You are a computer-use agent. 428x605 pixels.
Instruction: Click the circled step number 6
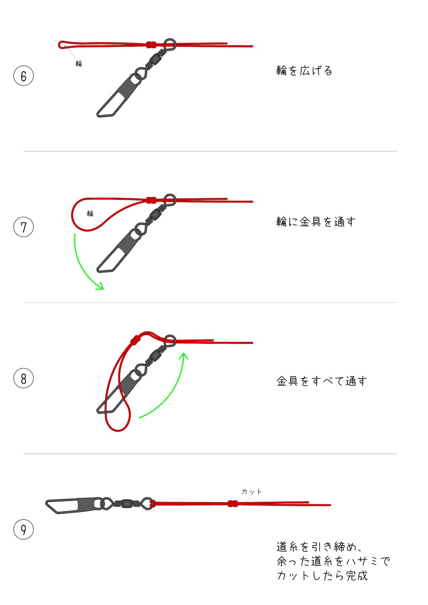coord(24,76)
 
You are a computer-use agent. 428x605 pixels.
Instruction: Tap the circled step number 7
coord(24,227)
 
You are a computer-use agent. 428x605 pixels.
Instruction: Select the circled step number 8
coord(24,378)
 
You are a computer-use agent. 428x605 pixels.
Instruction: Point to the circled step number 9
coord(24,529)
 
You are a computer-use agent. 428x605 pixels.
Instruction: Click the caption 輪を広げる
coord(304,71)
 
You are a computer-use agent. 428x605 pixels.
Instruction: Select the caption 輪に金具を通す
coord(316,222)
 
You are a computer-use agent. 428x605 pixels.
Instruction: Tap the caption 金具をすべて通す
coord(322,381)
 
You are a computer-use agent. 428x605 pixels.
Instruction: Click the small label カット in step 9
coord(251,492)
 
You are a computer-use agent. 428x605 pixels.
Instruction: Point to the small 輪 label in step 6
coord(79,63)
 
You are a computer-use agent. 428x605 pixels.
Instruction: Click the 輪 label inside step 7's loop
coord(90,213)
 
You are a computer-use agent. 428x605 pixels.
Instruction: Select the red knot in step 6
coord(151,45)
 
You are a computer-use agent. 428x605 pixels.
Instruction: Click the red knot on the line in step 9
coord(233,503)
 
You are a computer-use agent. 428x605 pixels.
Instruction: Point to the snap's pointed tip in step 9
coord(46,503)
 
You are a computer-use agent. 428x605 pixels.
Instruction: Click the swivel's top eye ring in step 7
coord(170,200)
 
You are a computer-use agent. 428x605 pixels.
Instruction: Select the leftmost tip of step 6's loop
coord(59,45)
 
